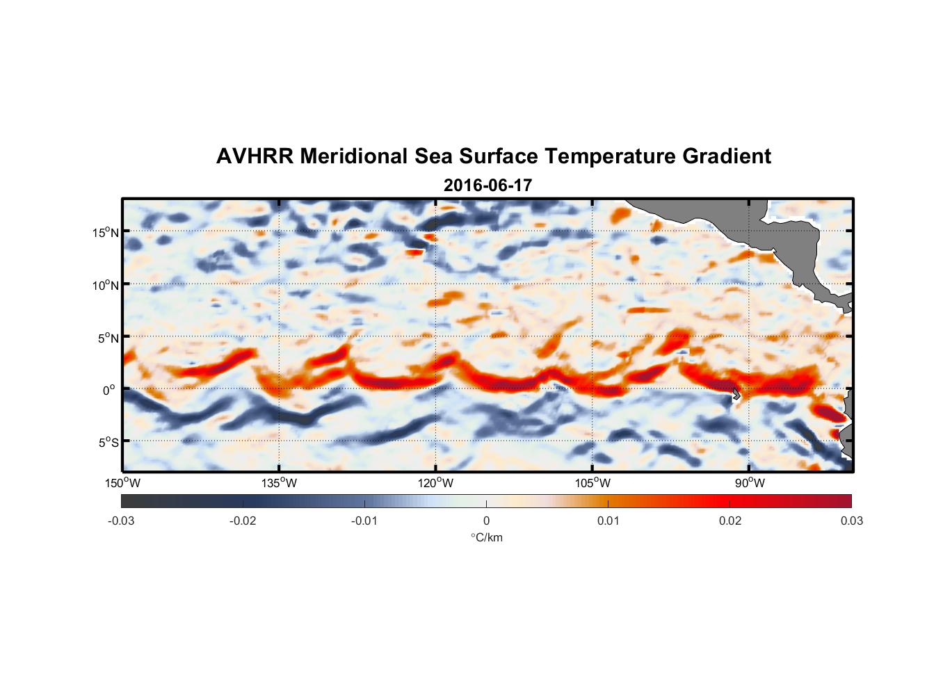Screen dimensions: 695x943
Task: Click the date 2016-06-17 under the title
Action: [x=487, y=186]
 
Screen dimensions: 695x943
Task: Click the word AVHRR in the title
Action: [x=255, y=156]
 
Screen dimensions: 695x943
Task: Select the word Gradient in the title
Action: [x=727, y=156]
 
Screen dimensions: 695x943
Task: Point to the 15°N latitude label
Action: [x=106, y=232]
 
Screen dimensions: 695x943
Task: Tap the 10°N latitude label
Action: [x=106, y=285]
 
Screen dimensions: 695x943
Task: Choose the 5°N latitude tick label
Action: [x=108, y=338]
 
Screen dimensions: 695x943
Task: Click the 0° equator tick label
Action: [x=109, y=390]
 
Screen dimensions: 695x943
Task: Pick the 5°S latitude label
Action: [x=108, y=443]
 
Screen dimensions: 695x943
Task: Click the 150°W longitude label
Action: [x=122, y=483]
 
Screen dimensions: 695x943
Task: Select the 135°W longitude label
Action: [x=279, y=483]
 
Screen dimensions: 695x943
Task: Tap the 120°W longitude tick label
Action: [x=435, y=483]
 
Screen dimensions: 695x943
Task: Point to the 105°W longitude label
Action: [x=593, y=483]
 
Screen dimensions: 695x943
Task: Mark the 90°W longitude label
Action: [x=750, y=483]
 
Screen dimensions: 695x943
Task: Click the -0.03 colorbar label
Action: [x=121, y=521]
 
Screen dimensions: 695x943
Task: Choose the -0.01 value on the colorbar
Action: [x=364, y=521]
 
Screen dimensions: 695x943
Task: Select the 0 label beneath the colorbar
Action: [x=486, y=521]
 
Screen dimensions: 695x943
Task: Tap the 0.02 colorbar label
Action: [x=730, y=521]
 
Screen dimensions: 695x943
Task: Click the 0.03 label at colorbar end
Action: [x=851, y=521]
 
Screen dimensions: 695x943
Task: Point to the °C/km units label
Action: [x=486, y=537]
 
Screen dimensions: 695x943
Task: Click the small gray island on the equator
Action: [x=736, y=394]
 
